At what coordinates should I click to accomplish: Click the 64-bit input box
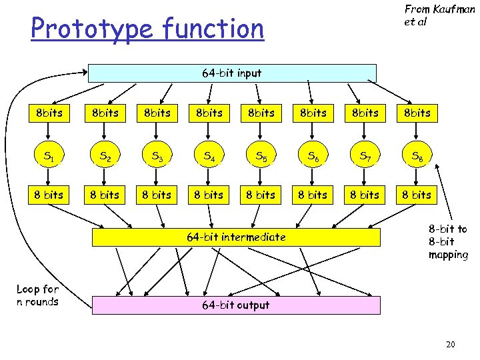coord(232,73)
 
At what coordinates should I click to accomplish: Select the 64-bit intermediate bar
coord(236,237)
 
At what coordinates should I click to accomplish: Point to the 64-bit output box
coord(236,305)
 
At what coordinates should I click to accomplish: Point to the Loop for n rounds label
coord(37,295)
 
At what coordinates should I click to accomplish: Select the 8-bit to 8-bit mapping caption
coord(447,242)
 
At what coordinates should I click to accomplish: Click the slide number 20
coord(451,344)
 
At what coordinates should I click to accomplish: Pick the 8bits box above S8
coord(417,113)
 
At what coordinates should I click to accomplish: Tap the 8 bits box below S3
coord(157,195)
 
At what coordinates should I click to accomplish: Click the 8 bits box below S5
coord(261,195)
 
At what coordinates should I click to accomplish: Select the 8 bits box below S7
coord(365,195)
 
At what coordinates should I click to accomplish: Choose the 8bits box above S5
coord(261,113)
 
